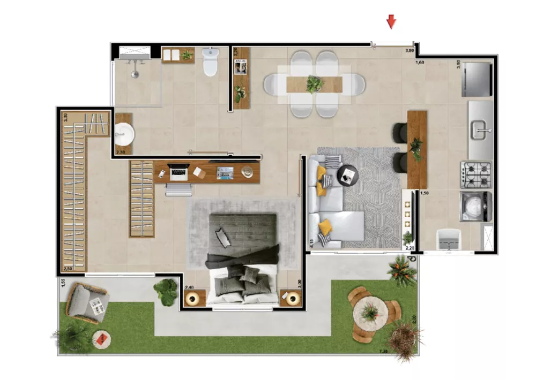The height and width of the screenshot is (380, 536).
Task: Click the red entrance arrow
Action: [392, 21]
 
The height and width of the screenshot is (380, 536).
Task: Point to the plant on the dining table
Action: [314, 83]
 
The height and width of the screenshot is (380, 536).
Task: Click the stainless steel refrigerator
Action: [477, 80]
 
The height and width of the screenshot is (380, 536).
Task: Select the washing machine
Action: [475, 207]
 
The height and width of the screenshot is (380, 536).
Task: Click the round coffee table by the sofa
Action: [348, 173]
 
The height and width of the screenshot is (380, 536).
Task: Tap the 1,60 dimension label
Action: [421, 63]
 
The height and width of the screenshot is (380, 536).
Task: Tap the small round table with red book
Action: [101, 338]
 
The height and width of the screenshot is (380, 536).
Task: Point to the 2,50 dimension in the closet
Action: [68, 269]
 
